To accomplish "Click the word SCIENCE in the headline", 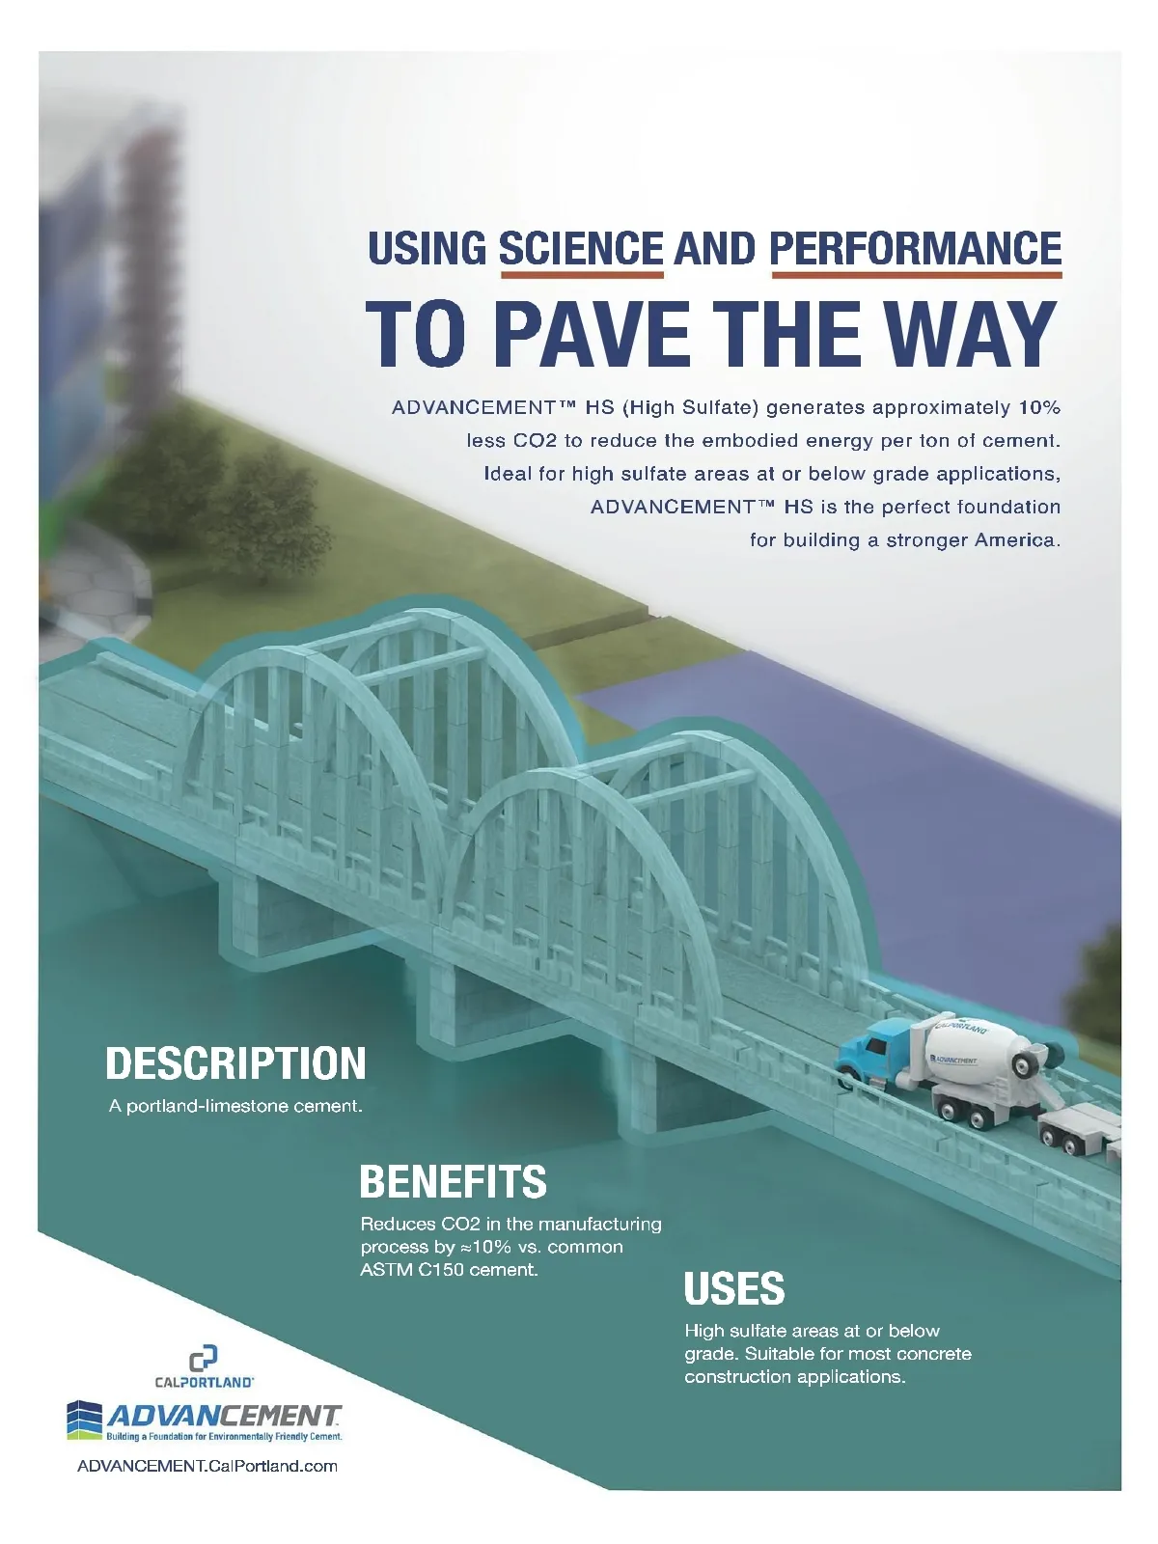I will point(581,249).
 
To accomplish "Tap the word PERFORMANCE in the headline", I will point(916,249).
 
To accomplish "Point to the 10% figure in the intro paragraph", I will point(1038,407).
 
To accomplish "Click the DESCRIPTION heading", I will point(235,1063).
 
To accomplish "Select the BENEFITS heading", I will point(453,1181).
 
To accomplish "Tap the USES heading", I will point(734,1289).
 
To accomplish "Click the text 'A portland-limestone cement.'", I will point(235,1106).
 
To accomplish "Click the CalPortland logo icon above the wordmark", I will point(203,1359).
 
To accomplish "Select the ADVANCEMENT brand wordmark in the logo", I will point(224,1416).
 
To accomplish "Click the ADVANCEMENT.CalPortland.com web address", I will point(207,1466).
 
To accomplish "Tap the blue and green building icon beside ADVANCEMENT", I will point(85,1419).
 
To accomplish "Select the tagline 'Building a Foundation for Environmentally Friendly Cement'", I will point(224,1437).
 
